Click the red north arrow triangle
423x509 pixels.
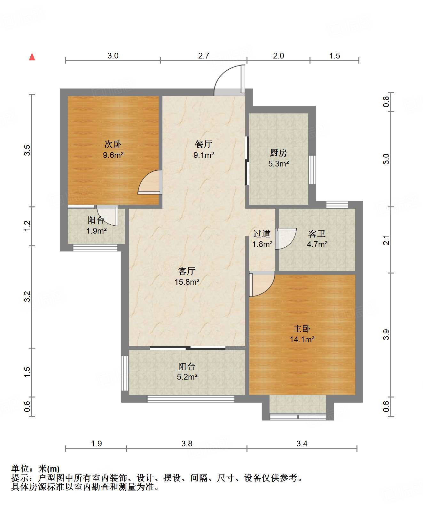[32, 57]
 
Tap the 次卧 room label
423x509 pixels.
[113, 144]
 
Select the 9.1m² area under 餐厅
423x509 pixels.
[204, 155]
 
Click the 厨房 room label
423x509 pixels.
[278, 153]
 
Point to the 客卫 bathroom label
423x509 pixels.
[317, 234]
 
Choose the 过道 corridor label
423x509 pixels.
[262, 234]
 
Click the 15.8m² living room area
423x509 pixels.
[187, 282]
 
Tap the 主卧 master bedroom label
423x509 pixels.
[302, 329]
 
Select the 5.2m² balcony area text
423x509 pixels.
[187, 377]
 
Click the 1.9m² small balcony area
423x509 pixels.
[97, 231]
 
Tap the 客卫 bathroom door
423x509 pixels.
[286, 239]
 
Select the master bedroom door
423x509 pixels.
[262, 284]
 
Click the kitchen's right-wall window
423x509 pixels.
[312, 170]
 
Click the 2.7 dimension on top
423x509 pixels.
[204, 56]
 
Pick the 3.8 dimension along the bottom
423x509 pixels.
[187, 443]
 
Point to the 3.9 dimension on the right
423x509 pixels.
[386, 335]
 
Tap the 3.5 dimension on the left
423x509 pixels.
[27, 150]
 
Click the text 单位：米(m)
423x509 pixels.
[35, 469]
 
